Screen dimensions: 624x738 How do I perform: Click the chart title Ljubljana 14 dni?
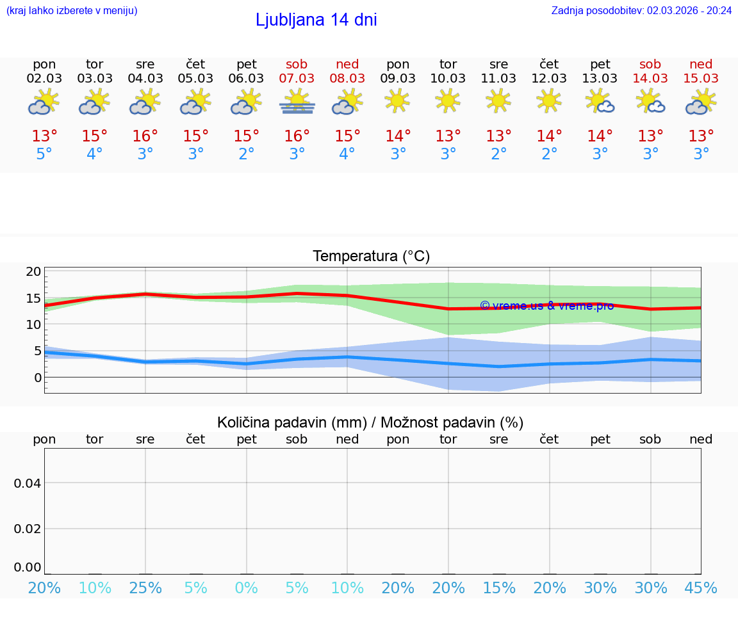[316, 20]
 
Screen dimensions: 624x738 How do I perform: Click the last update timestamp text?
[641, 10]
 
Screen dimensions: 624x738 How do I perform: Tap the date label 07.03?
[297, 78]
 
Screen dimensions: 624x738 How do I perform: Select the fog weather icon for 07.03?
[297, 102]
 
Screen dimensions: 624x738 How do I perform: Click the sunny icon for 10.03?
[448, 100]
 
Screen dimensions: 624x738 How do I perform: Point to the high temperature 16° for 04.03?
[145, 136]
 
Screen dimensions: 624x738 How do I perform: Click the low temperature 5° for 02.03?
[44, 154]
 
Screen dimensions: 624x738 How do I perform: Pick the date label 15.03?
[701, 78]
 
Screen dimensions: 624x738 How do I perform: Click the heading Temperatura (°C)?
[371, 257]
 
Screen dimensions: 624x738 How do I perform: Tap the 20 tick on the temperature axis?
[33, 272]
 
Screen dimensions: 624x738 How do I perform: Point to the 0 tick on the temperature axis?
[37, 378]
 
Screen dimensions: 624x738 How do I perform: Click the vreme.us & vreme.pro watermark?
[546, 306]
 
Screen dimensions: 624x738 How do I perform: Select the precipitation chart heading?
[370, 422]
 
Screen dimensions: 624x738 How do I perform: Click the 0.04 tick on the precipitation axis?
[28, 483]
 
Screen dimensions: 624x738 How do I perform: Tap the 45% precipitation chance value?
[701, 588]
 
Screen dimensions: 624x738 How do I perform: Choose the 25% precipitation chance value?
[145, 588]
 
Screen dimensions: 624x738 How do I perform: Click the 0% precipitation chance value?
[247, 588]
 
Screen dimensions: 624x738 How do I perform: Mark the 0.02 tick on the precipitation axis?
[28, 529]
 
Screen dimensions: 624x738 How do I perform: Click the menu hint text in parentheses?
[72, 10]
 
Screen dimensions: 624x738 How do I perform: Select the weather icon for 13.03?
[600, 101]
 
